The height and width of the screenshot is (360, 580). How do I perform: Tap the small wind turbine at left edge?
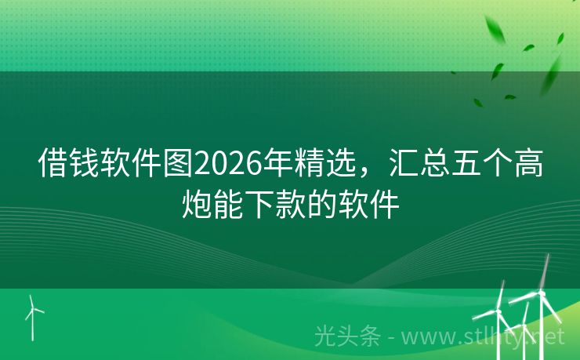pos(32,314)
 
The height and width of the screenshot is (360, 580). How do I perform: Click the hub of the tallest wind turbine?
pos(541,292)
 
